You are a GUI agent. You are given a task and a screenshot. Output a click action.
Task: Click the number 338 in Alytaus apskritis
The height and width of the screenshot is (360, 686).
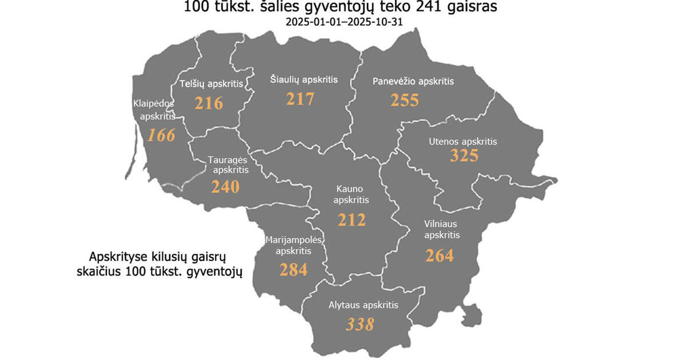[360, 324]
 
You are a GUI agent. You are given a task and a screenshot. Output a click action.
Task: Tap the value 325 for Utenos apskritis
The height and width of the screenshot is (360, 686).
[464, 155]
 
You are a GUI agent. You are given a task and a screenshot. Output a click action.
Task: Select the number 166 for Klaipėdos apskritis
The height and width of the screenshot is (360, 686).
[161, 135]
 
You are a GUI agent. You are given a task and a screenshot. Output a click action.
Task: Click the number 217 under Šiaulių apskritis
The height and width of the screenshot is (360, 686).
[300, 99]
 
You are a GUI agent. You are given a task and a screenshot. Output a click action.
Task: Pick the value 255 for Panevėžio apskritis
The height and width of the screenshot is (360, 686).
[405, 100]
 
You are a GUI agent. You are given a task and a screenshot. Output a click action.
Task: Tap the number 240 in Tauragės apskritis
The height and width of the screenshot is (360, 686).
[225, 187]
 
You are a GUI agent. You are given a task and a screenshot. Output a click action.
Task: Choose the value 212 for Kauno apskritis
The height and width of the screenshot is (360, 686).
[351, 219]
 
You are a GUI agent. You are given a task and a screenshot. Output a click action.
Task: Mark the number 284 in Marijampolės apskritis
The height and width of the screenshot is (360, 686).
[293, 269]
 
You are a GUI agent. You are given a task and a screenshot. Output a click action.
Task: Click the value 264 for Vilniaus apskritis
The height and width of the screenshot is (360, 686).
[439, 255]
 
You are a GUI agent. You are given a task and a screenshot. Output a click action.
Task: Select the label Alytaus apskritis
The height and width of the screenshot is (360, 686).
[363, 305]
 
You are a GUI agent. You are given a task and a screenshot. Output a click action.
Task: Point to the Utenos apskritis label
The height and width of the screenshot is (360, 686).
[463, 141]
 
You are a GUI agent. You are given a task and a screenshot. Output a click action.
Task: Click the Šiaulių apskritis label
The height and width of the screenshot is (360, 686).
[304, 80]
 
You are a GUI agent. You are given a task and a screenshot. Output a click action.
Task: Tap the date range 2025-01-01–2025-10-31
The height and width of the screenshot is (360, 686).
[342, 23]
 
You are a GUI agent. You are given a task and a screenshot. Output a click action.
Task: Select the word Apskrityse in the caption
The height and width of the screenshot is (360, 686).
[115, 257]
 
